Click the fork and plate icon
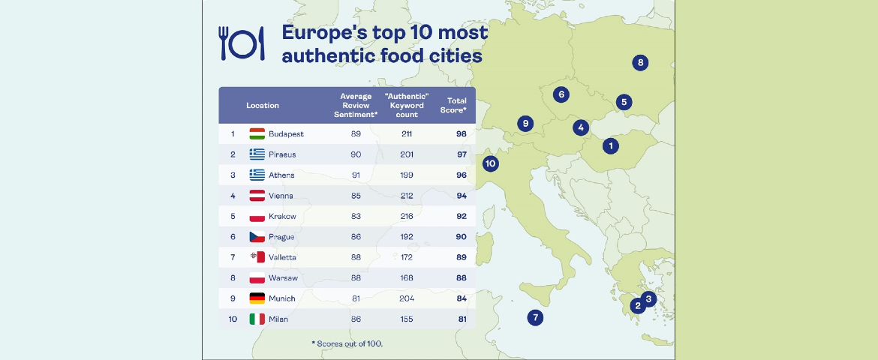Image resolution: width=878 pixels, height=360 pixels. [x=242, y=43]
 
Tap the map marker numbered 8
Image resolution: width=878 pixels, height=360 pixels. [x=640, y=62]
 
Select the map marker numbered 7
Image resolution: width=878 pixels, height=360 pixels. [x=535, y=317]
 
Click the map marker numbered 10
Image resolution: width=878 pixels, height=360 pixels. [x=491, y=163]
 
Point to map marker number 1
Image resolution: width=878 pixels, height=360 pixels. [x=611, y=145]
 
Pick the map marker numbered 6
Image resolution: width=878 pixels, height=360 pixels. [x=560, y=94]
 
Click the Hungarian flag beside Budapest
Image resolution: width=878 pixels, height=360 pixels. [x=257, y=133]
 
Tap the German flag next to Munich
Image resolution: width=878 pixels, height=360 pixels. [x=257, y=298]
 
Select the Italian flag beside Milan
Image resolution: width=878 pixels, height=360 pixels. [x=257, y=319]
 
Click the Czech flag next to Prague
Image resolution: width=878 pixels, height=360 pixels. [x=257, y=237]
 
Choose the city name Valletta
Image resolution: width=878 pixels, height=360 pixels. [x=282, y=257]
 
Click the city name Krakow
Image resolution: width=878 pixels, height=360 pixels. [x=282, y=216]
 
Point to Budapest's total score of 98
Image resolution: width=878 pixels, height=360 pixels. [x=461, y=133]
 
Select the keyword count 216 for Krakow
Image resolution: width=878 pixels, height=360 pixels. [x=407, y=216]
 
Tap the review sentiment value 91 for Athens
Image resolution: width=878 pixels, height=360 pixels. [x=356, y=175]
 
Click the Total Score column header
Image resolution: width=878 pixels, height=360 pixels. [x=456, y=105]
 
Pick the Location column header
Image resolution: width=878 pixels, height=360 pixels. [x=263, y=106]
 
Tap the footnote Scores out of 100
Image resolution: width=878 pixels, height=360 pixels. [x=347, y=343]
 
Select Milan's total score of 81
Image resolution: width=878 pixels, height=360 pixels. [x=461, y=319]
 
